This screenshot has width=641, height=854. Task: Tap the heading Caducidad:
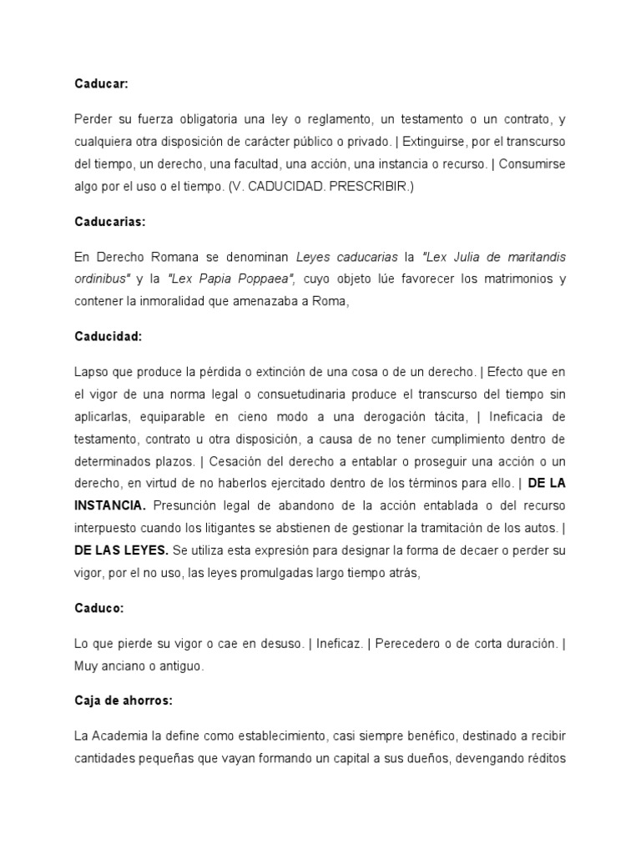click(x=108, y=336)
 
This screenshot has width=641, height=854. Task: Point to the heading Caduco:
click(x=98, y=608)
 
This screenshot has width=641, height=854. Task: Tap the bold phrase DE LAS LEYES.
click(x=121, y=527)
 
